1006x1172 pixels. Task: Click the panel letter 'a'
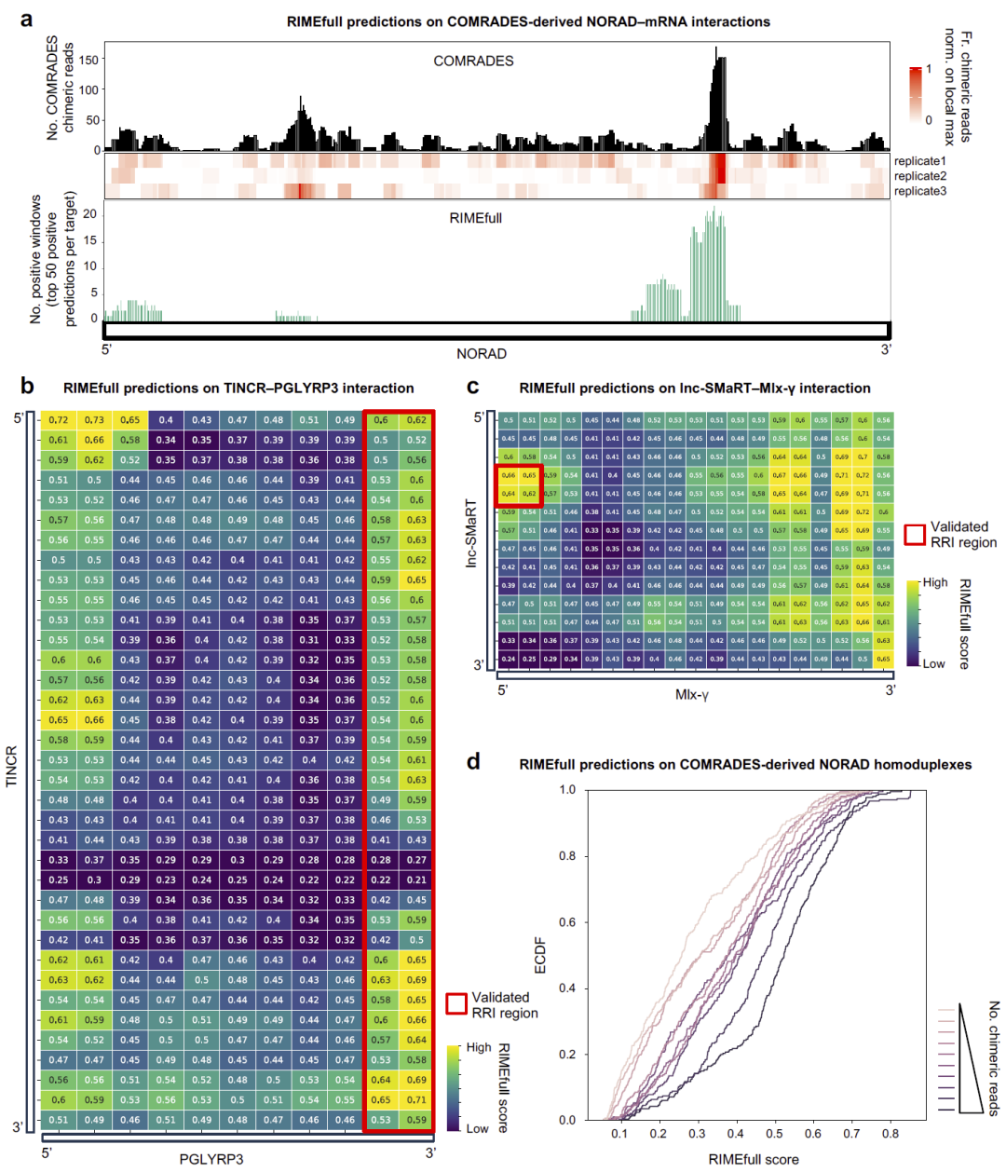[x=27, y=20]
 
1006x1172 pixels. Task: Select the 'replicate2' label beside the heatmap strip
[x=919, y=176]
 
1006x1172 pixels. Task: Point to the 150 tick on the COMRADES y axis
[x=89, y=60]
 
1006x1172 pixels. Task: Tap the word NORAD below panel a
[x=482, y=354]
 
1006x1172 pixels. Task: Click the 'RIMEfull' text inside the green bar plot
[x=475, y=218]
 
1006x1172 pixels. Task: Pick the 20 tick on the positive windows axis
[x=90, y=213]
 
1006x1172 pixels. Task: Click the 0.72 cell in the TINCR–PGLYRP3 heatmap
[x=58, y=420]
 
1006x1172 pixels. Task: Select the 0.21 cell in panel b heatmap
[x=416, y=879]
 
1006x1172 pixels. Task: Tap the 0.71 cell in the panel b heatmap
[x=416, y=1099]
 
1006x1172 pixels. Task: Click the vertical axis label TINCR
[x=12, y=766]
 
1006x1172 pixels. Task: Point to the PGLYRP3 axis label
[x=211, y=1159]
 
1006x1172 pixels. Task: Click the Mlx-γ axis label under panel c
[x=692, y=695]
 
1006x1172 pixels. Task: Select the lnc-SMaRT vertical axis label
[x=471, y=533]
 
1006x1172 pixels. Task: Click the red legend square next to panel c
[x=915, y=535]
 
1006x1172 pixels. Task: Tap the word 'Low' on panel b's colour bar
[x=477, y=1128]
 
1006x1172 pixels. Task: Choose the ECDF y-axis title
[x=541, y=956]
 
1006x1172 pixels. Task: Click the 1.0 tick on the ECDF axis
[x=567, y=789]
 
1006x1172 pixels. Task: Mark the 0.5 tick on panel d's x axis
[x=774, y=1134]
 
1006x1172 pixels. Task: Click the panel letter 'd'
[x=474, y=761]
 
